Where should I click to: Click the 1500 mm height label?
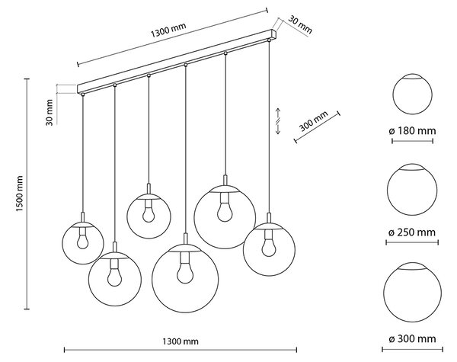coord(19,194)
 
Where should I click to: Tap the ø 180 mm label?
coord(412,130)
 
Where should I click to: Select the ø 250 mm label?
coord(412,232)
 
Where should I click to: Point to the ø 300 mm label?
coord(412,338)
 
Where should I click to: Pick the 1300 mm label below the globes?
coord(181,341)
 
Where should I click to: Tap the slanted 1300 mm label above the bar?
coord(168,30)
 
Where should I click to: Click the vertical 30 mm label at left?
coord(50,113)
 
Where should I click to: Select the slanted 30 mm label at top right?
coord(300,25)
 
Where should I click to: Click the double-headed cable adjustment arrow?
coord(278,121)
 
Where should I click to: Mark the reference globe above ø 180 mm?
coord(412,94)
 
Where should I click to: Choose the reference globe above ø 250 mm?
coord(412,189)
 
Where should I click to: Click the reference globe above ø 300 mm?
coord(412,293)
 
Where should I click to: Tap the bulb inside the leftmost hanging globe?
coord(83,242)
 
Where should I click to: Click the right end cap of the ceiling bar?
coord(274,34)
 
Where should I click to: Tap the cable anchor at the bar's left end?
coord(83,95)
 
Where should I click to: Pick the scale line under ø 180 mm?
coord(412,141)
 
